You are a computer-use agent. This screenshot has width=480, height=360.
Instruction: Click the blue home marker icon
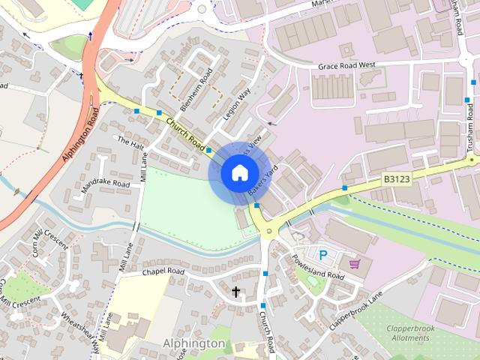[238, 172]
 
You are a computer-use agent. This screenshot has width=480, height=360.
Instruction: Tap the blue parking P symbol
[323, 255]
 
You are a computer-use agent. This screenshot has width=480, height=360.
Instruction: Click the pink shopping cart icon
[355, 263]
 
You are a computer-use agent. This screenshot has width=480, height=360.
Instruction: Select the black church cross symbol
[236, 291]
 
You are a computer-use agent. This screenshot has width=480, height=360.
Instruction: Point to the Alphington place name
[193, 343]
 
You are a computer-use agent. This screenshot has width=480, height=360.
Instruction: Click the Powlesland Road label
[320, 266]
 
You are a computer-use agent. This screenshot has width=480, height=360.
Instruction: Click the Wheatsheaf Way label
[79, 325]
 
